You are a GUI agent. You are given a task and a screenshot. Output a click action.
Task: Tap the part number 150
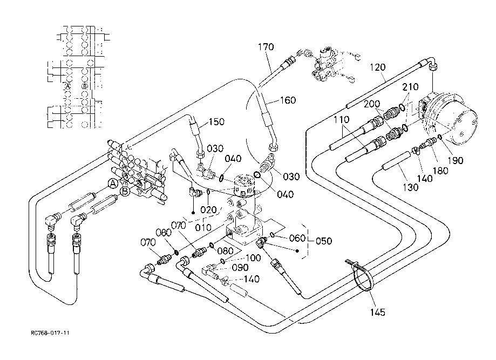coord(216,122)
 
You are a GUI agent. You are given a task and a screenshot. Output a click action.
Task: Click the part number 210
coord(410,87)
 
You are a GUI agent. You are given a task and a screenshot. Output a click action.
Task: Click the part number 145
coord(377,312)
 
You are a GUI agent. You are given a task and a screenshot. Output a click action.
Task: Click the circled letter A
coord(112,184)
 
